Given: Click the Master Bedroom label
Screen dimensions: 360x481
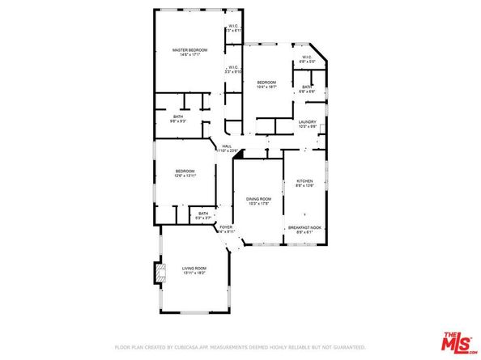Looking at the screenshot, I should pos(190,50).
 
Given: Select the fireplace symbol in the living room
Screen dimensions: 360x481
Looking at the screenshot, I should pos(159,273).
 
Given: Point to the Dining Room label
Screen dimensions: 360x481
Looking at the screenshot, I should pos(259,199).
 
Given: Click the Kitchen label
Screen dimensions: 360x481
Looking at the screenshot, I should pos(304,181).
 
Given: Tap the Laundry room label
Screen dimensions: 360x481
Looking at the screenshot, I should pos(307,122).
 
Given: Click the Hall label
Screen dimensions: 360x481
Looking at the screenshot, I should pos(227,146).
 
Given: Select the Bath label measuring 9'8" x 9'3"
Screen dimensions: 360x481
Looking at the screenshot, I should pos(178,116).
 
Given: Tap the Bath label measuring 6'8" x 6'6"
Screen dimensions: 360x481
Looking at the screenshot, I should pos(308,87).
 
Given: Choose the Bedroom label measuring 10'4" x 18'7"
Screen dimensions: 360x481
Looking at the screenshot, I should pos(266,83).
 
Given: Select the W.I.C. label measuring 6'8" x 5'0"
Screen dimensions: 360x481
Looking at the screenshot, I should pos(307,57).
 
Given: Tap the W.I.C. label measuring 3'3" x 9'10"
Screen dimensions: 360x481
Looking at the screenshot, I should pos(233,67).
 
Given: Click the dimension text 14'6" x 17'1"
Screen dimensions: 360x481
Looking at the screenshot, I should pos(190,55).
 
